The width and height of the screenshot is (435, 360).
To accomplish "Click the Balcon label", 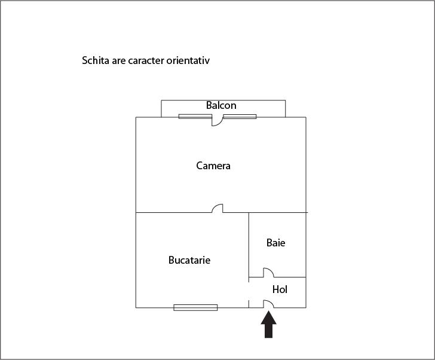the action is (221, 105).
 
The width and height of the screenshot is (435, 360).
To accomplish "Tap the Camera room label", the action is (213, 166).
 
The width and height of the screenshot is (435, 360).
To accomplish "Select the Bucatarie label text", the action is (189, 260).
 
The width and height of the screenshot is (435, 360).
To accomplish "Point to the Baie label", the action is (276, 243).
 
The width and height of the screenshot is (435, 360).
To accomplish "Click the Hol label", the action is (280, 289).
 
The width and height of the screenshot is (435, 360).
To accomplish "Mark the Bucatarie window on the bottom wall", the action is (195, 307).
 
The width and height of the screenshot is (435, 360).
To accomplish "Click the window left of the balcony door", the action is (195, 117).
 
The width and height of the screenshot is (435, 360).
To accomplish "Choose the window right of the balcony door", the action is (240, 117).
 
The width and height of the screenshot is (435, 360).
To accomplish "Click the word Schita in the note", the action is (96, 60).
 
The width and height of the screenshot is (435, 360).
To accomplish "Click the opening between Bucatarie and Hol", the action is (249, 291).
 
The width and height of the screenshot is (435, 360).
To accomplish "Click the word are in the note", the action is (119, 61).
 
